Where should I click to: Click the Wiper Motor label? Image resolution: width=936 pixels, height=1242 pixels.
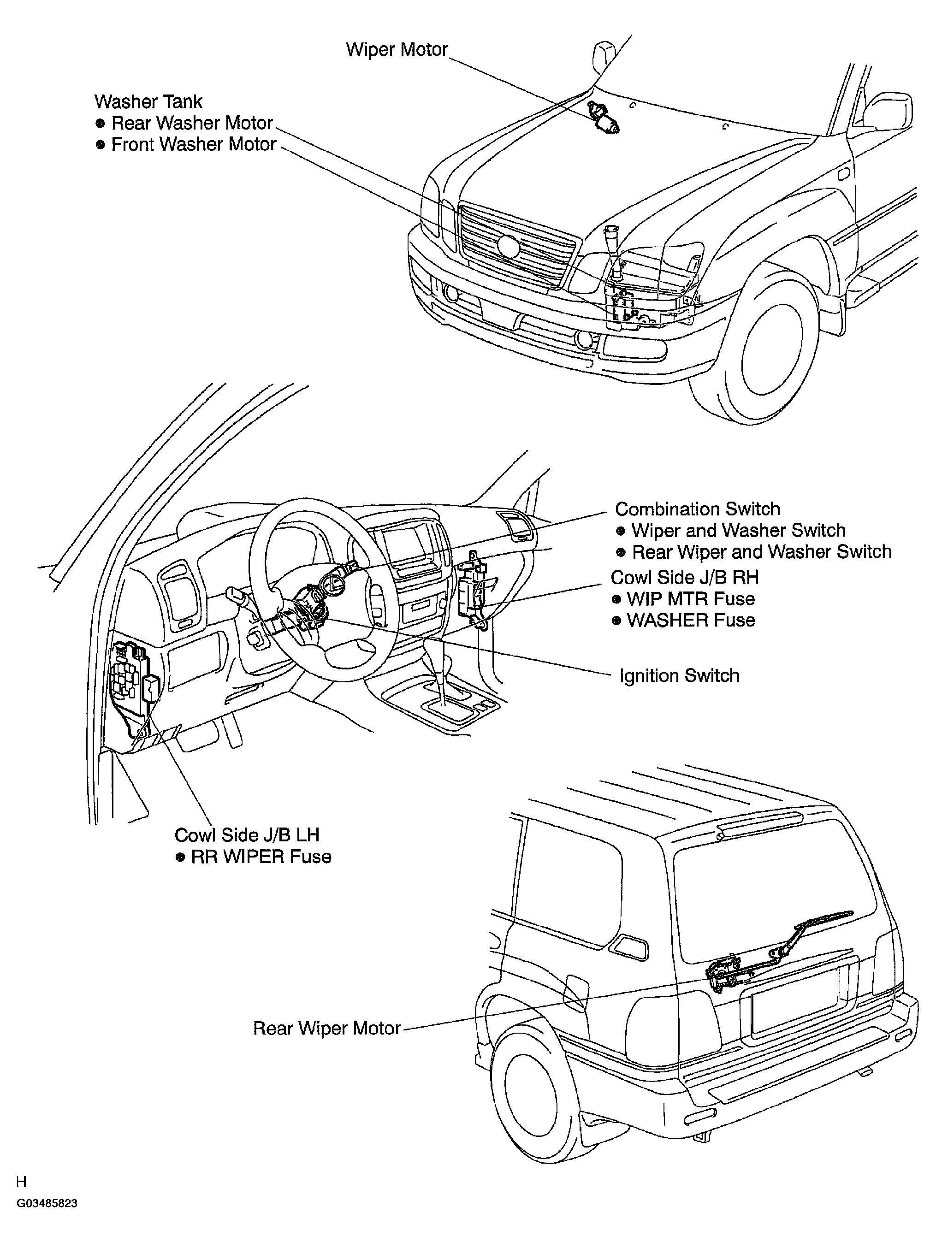[x=397, y=50]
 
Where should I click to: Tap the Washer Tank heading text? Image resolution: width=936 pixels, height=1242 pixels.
[x=148, y=101]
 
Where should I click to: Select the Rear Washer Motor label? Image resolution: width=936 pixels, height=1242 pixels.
[x=192, y=123]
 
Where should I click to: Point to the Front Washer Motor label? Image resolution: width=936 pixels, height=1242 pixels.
[x=194, y=144]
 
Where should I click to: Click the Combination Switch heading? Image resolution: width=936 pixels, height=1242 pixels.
[x=697, y=509]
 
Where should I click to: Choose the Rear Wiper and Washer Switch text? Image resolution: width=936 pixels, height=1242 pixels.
[x=761, y=551]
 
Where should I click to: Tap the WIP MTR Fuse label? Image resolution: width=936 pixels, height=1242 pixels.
[x=690, y=598]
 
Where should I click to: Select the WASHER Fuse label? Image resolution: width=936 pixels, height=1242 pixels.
[x=691, y=620]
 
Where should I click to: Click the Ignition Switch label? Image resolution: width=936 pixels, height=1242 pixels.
[x=679, y=675]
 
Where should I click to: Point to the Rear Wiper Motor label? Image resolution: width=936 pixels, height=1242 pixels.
[x=327, y=1028]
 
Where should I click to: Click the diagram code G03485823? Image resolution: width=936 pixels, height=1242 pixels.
[x=47, y=1203]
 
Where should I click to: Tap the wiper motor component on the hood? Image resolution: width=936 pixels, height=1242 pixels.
[x=603, y=118]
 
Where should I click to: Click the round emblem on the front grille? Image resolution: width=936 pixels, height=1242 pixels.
[x=509, y=246]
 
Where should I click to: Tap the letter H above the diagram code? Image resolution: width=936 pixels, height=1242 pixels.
[x=21, y=1182]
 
